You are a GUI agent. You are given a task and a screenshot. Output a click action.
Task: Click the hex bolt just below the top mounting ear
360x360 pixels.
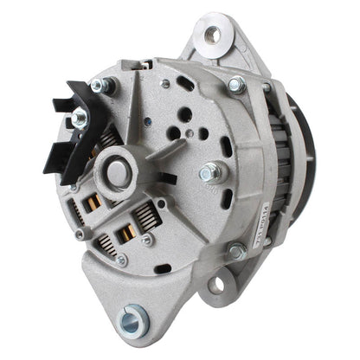[x=235, y=84]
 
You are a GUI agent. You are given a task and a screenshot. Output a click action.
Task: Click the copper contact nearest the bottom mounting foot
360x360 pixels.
[x=127, y=235]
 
